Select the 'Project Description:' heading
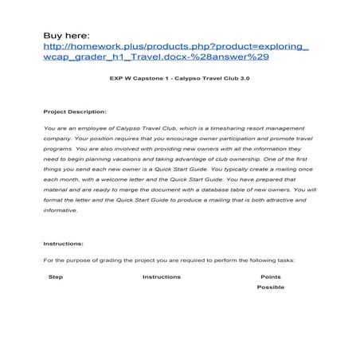tap(75, 112)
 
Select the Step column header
tap(56, 277)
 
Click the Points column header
tap(270, 277)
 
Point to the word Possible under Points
tap(270, 288)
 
